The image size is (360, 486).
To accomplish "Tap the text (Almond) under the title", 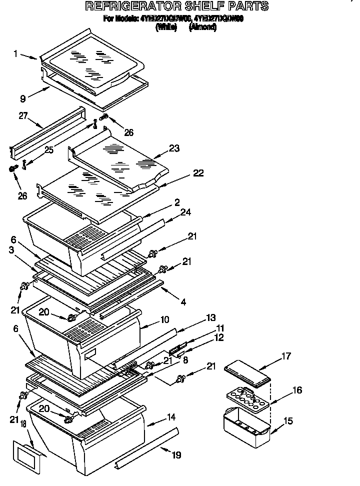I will (x=202, y=28).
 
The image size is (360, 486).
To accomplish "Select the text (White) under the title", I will (x=166, y=28).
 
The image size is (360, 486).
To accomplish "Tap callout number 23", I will (x=174, y=148).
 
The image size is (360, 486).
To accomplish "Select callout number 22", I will (x=198, y=173).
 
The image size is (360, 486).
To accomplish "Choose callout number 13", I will (x=211, y=317).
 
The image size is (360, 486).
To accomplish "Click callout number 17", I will (x=285, y=356).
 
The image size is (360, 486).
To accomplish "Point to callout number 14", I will (x=171, y=416).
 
